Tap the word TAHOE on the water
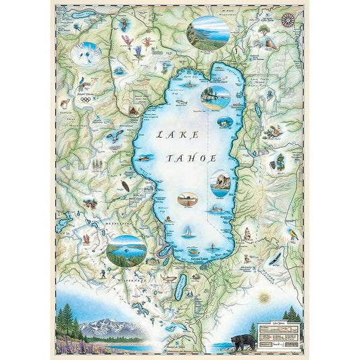coord(193,159)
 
